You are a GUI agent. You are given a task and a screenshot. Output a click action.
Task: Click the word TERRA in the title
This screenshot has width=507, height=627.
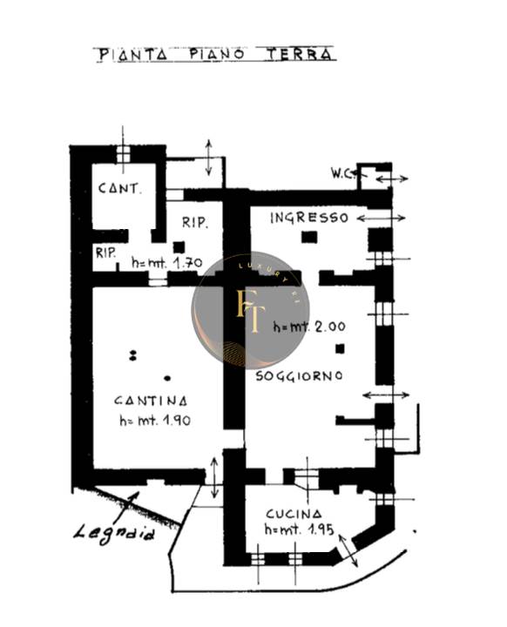pos(300,54)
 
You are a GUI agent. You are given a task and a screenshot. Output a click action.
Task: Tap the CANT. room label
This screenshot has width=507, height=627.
pos(120,188)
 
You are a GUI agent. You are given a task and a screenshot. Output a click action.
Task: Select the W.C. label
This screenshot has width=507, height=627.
pos(342,173)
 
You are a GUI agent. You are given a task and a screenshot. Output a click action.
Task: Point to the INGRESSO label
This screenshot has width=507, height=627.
pos(309,218)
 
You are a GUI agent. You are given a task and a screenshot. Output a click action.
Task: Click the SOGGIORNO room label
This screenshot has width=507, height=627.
pos(299,376)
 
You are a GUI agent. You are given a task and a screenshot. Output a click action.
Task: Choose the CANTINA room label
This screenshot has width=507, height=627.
pos(151,401)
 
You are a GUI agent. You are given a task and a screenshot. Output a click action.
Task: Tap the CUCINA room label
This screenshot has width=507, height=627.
pos(294,514)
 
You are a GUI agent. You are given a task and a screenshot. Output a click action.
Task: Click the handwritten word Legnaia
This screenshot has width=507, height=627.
pos(115,533)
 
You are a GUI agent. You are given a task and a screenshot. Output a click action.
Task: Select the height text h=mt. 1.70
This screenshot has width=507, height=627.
pos(167,263)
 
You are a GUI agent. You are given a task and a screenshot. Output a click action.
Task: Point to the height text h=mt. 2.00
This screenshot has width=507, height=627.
pos(309,327)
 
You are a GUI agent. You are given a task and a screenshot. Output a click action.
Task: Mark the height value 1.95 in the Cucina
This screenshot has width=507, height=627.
pos(321,529)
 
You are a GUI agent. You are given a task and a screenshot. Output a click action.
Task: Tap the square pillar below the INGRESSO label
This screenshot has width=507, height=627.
pos(309,237)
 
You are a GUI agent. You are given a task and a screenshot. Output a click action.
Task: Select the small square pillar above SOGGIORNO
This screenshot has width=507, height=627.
pos(340,348)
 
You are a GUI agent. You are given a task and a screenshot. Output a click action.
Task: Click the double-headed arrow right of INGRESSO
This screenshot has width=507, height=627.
pos(381,218)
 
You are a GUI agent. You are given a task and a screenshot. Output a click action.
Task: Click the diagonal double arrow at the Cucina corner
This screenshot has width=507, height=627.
pos(348,550)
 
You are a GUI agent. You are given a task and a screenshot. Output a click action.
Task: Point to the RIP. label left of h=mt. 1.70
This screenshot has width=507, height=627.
pos(105,253)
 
